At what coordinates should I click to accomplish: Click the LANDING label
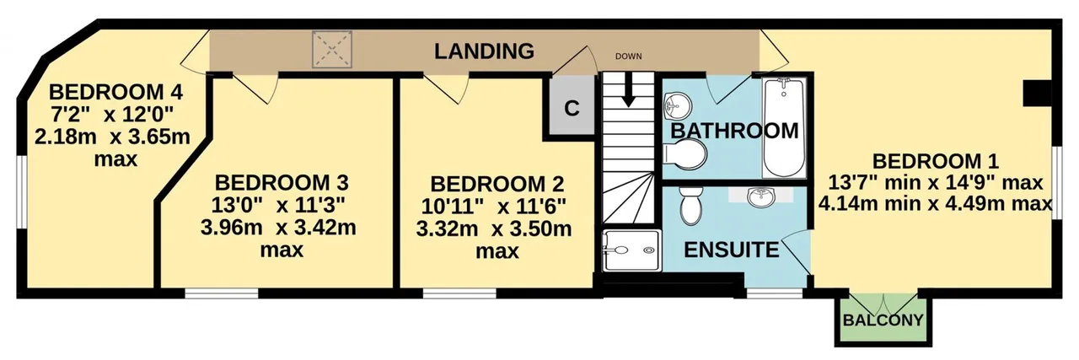[x=484, y=51]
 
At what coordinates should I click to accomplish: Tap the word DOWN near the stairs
[x=628, y=56]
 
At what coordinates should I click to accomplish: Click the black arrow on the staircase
[x=628, y=90]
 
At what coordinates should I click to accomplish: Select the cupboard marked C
[x=572, y=107]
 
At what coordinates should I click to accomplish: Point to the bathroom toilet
[x=684, y=154]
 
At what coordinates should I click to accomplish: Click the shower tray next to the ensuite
[x=631, y=250]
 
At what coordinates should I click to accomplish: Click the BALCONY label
[x=883, y=320]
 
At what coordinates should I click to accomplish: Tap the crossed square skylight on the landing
[x=332, y=49]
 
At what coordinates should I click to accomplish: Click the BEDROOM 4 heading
[x=115, y=92]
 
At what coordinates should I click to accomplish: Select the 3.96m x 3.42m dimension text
[x=278, y=228]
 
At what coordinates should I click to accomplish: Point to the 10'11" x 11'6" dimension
[x=494, y=207]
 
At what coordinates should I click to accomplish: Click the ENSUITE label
[x=731, y=250]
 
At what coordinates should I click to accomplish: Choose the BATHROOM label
[x=734, y=131]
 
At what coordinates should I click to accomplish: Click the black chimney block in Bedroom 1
[x=1037, y=93]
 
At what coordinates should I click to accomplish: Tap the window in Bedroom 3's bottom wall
[x=222, y=293]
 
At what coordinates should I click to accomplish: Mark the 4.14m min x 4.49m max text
[x=935, y=204]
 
